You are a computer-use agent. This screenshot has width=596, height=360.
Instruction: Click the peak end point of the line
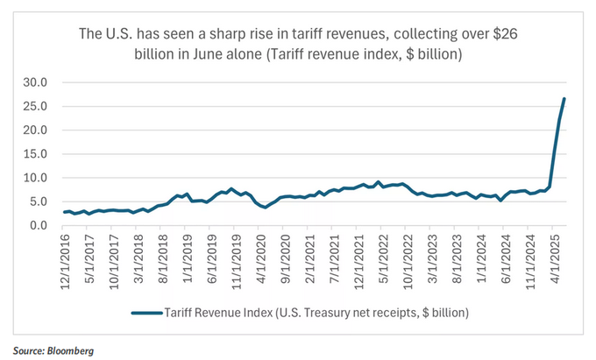point(564,98)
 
